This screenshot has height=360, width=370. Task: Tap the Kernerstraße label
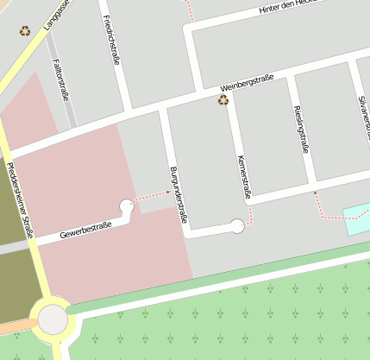(x=243, y=177)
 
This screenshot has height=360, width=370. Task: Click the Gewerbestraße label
(x=85, y=230)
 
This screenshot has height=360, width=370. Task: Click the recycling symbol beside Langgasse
(x=25, y=31)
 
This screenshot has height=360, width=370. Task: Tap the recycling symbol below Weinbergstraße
(x=223, y=100)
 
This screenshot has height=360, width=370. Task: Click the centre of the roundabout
(x=53, y=319)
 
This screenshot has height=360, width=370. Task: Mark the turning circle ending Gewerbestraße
(x=127, y=205)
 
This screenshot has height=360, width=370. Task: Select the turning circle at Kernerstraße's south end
(x=237, y=226)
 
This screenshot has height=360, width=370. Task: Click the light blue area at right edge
(x=357, y=219)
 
